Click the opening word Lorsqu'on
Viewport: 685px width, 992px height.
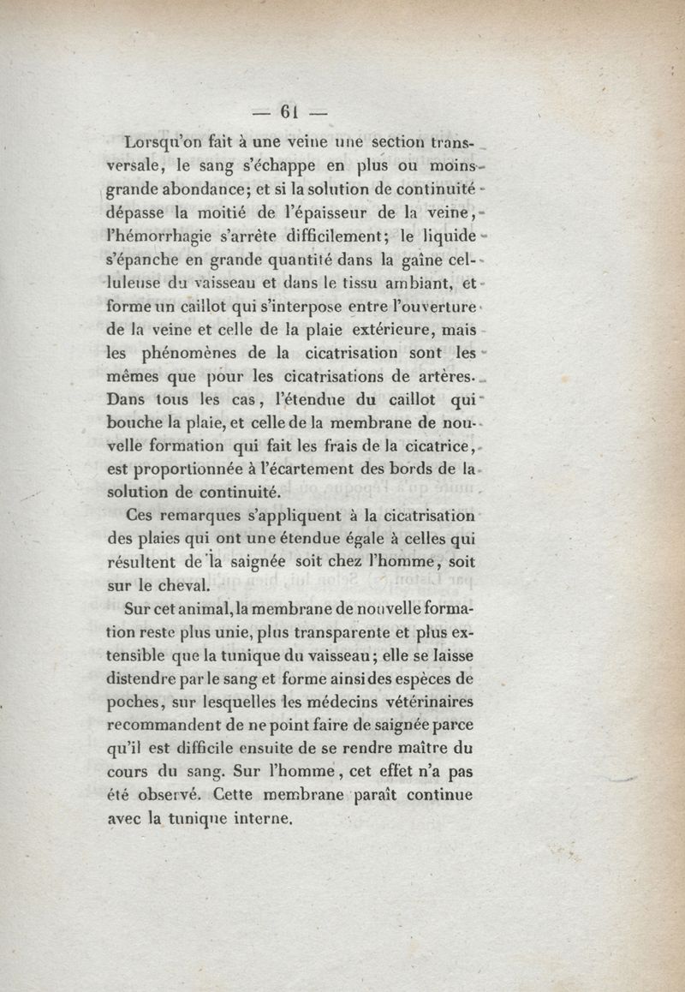(165, 143)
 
